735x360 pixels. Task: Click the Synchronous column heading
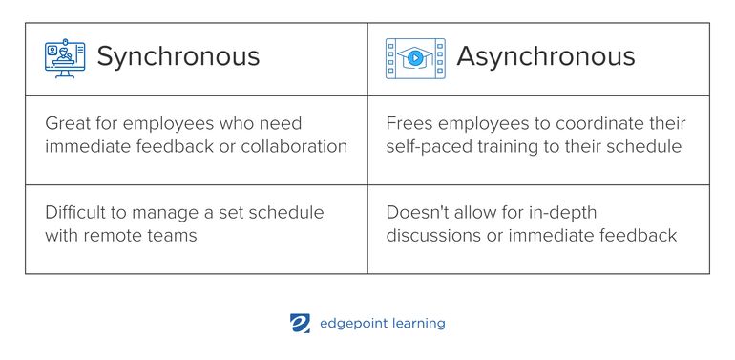pyautogui.click(x=178, y=56)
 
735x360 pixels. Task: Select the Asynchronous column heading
pyautogui.click(x=545, y=56)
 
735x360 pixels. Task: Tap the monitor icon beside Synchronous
pyautogui.click(x=65, y=57)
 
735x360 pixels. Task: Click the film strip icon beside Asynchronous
pyautogui.click(x=415, y=58)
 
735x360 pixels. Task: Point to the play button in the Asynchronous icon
pyautogui.click(x=415, y=58)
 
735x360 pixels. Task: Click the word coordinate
pyautogui.click(x=586, y=124)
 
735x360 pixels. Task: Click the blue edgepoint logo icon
pyautogui.click(x=300, y=324)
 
